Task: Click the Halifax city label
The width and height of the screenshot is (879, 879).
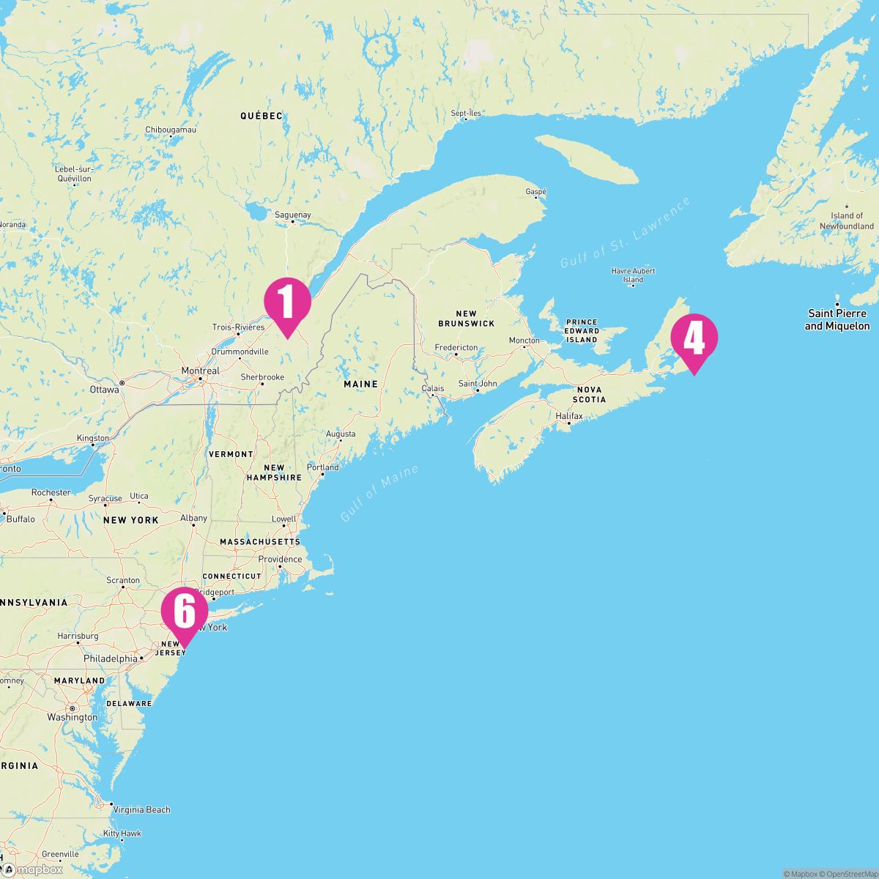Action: pos(569,416)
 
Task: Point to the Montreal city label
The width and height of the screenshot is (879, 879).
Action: pos(200,371)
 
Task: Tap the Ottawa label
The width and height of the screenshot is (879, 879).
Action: pos(105,390)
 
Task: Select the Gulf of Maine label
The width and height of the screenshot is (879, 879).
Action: pos(379,493)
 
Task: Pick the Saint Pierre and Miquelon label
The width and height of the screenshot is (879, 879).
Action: pos(837,320)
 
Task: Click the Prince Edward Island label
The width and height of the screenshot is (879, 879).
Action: pos(582,331)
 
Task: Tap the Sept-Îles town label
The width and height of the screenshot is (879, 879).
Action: pos(466,114)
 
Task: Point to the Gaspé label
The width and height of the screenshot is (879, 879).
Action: pos(536,191)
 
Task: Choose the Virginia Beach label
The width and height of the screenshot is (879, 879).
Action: pos(141,809)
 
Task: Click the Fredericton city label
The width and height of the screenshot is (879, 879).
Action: pos(456,348)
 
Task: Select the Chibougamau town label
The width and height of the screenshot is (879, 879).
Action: pos(171,130)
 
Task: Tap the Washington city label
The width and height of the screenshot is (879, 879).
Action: pos(72,717)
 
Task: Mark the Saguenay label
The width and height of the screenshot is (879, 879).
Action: pos(292,215)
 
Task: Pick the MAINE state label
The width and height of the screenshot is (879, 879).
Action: pos(360,384)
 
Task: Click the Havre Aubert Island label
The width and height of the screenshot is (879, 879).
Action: pos(633,275)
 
